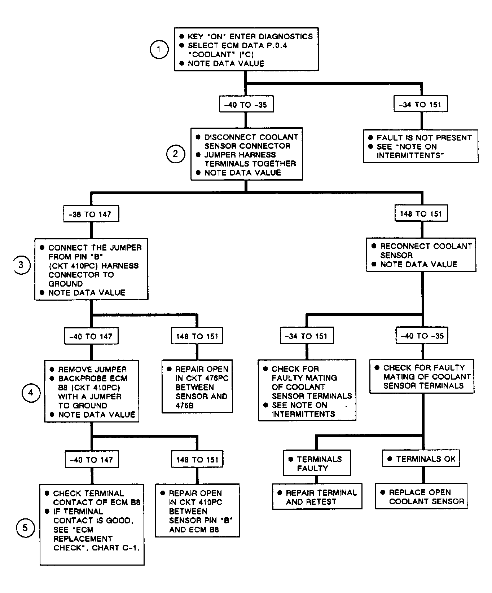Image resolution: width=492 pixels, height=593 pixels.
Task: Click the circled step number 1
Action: coord(159,50)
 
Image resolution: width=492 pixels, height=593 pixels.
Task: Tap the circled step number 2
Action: coord(176,154)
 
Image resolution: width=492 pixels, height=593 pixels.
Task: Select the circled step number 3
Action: coord(21,265)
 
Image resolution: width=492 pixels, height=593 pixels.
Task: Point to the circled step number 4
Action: coord(31,393)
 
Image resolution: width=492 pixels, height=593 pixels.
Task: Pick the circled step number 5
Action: coord(25,528)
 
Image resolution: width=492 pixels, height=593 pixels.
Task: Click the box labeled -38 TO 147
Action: coord(91,214)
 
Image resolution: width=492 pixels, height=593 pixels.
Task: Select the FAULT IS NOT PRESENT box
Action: coord(421,146)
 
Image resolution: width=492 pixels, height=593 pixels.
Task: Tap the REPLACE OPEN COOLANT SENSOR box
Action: coord(421,496)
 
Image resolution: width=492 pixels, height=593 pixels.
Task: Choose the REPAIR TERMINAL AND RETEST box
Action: coord(317,497)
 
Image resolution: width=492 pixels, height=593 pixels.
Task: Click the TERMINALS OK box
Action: coord(421,459)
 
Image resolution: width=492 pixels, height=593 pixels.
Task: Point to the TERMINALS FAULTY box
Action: coord(317,463)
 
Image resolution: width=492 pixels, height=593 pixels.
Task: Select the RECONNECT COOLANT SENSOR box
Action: coord(421,255)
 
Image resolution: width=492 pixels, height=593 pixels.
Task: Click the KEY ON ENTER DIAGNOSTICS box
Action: coord(246,49)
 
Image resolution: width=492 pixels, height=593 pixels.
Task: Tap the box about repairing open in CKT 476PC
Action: coord(197,386)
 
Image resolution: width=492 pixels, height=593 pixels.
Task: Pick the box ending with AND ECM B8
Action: coord(198,511)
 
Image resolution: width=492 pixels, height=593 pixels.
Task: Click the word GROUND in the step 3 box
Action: coord(66,284)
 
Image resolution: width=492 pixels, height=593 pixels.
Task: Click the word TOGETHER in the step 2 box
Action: coord(273,164)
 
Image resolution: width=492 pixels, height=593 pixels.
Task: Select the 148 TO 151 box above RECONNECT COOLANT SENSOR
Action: coord(421,214)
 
